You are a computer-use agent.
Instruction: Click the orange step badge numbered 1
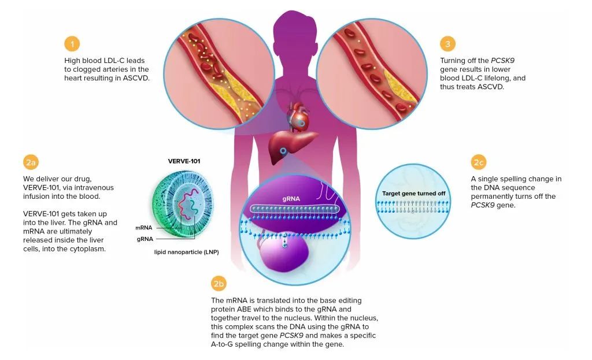[x=72, y=44]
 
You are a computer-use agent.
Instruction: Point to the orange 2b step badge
[x=219, y=284]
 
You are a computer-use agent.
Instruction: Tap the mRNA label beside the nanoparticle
[x=144, y=228]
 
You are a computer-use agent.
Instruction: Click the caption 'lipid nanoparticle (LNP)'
[x=182, y=252]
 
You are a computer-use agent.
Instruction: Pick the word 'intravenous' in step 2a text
[x=95, y=188]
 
